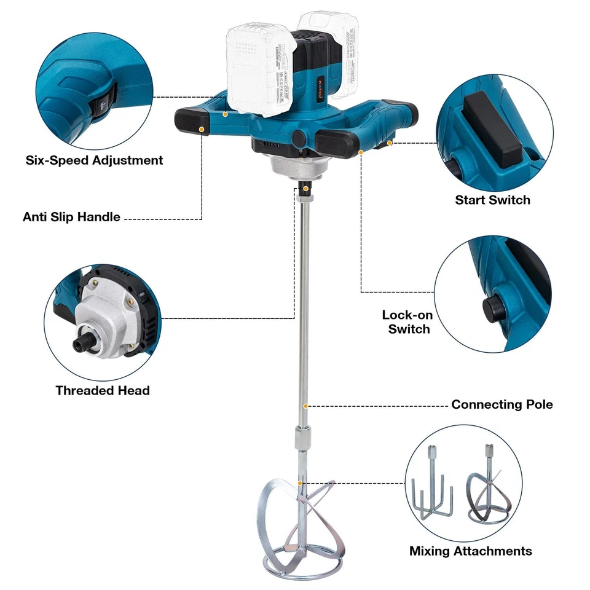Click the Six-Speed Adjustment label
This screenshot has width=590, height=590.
click(x=94, y=160)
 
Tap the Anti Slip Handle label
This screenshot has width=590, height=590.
click(x=71, y=217)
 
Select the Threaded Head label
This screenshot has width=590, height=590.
click(x=103, y=390)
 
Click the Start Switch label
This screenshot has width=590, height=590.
click(x=492, y=200)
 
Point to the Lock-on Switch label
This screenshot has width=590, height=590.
click(x=407, y=322)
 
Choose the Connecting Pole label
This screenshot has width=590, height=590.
click(x=502, y=404)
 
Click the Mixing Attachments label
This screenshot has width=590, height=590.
click(x=471, y=551)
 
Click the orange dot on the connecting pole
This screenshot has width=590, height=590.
click(x=305, y=406)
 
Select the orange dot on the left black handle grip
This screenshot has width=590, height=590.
click(x=202, y=129)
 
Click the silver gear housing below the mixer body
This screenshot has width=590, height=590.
click(x=295, y=165)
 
